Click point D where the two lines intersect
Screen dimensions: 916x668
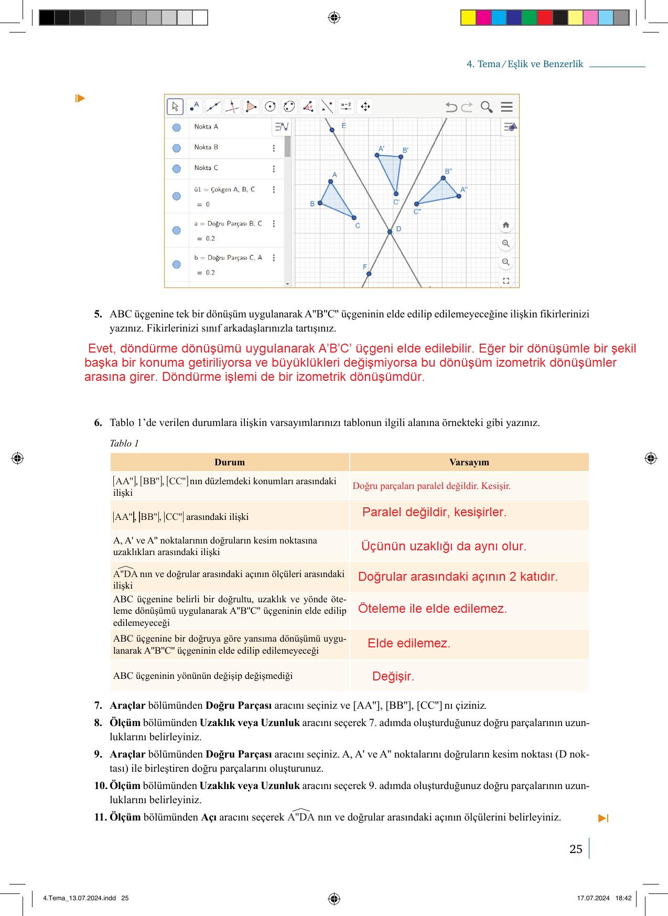point(390,231)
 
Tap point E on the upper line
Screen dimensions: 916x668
point(332,130)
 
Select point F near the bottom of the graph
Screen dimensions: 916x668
point(369,274)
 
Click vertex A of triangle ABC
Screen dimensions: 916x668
point(330,182)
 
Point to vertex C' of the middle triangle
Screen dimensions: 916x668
point(396,194)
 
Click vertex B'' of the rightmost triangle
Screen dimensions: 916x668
point(444,178)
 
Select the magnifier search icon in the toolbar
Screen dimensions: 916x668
point(487,107)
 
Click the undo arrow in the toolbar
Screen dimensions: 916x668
point(451,107)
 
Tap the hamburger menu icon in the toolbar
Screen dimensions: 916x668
point(507,107)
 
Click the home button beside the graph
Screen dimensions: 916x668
point(505,225)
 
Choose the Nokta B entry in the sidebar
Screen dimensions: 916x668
point(206,147)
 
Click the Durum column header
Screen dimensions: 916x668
point(229,462)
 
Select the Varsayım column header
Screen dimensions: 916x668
point(469,462)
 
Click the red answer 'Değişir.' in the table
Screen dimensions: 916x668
point(393,676)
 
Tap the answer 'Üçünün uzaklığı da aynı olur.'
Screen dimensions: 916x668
point(444,546)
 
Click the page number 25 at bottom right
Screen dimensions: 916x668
point(576,849)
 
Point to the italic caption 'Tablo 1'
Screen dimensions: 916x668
point(124,443)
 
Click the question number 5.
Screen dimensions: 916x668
point(98,314)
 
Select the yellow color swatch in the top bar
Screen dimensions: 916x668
point(468,18)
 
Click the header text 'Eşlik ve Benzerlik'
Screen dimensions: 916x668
point(545,64)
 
